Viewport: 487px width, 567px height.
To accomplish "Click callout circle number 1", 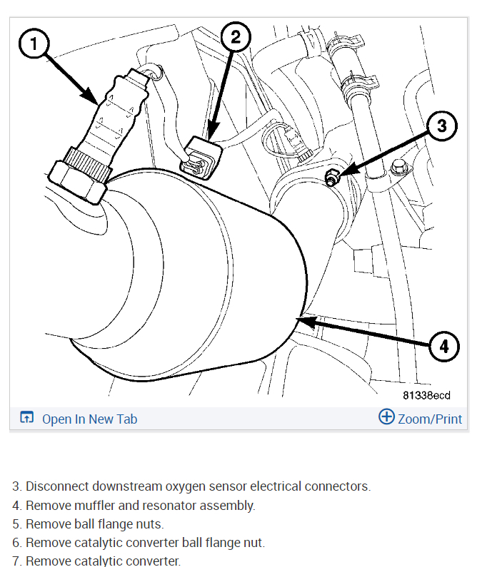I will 33,44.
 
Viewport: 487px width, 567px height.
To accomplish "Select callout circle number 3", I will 441,126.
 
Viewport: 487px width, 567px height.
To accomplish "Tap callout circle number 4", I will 444,347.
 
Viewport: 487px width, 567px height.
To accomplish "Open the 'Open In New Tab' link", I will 89,419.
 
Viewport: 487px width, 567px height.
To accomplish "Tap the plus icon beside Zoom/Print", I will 386,417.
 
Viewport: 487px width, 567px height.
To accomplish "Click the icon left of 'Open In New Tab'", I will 27,418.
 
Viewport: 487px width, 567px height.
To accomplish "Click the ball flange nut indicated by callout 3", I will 332,178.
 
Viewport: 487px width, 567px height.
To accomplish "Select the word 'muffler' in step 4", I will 89,506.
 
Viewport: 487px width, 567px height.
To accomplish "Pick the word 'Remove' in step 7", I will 46,561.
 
